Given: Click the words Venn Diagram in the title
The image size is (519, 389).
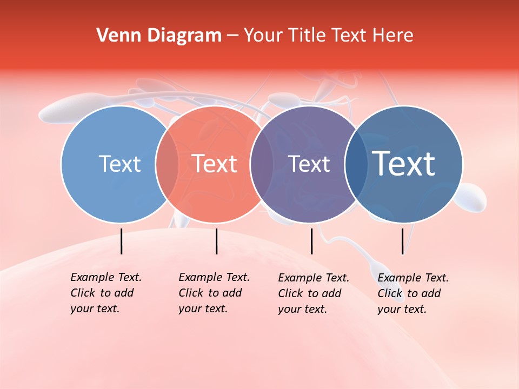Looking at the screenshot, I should coord(159,36).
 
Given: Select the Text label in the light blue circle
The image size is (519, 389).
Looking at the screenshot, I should coord(119,164).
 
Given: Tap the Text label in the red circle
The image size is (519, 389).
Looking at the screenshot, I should coord(215,164).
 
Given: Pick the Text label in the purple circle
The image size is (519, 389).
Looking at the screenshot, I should coord(309,164).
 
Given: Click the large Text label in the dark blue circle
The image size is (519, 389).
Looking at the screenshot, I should coord(404,164).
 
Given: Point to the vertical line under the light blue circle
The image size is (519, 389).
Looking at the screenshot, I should coord(121,241).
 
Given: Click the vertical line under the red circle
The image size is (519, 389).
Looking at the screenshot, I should coord(216,241).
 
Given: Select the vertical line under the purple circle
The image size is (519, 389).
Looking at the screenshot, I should coord(311,241).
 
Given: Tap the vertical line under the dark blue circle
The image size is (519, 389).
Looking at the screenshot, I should coord(402,241).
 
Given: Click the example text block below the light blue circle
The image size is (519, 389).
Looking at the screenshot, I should coord(105,293).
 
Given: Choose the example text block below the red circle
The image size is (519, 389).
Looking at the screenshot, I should coord(214,293).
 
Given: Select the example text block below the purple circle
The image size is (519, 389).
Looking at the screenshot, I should coord(313,293).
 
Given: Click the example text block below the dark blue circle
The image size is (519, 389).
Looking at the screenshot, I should coord(412,293).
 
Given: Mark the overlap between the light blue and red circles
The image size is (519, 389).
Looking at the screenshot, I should coord(167,164).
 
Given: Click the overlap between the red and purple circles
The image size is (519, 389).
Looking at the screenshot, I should coord(262,164).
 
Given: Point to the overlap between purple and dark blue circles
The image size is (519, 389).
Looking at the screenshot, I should coord(356,164).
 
